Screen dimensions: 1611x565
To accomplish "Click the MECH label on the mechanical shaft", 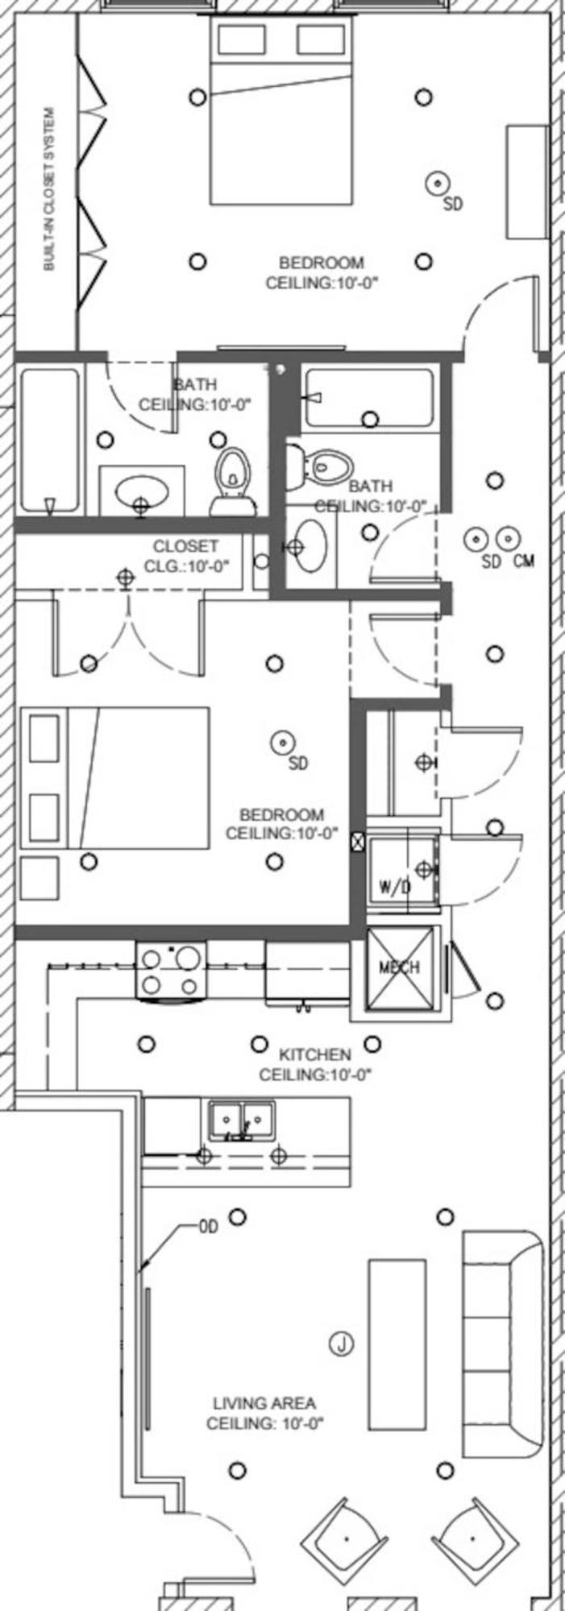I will (x=399, y=967).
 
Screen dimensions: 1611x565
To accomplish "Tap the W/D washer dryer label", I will (x=395, y=887).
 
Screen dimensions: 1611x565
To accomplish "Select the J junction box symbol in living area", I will (x=342, y=1344).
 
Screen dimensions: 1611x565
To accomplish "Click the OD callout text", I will (x=209, y=1228).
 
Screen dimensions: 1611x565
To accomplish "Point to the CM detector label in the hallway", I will (x=523, y=561).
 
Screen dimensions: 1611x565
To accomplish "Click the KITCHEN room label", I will (x=314, y=1054).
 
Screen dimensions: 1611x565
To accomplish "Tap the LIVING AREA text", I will (x=264, y=1402).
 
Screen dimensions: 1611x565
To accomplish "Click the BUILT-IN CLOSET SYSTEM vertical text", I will (x=50, y=189).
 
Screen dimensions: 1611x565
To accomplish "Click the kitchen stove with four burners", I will (x=171, y=971).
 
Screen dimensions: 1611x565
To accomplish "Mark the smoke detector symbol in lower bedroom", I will (x=282, y=741).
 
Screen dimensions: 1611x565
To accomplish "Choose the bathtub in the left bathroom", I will (x=50, y=441).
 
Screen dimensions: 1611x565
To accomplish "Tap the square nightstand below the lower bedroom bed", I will (x=39, y=877).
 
